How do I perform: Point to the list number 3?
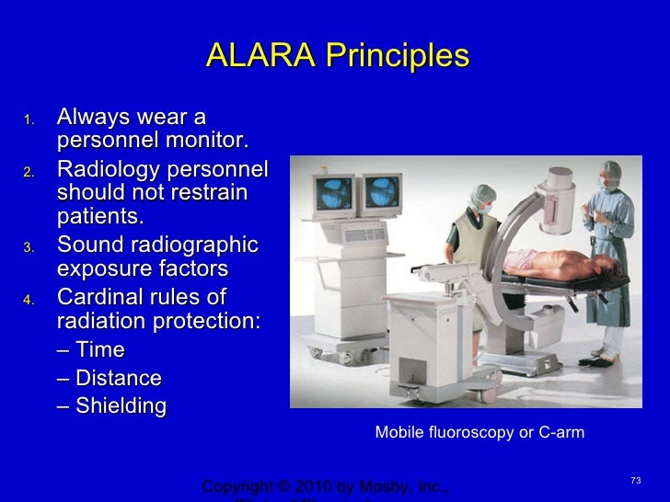tap(28, 247)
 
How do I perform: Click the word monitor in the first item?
tap(210, 142)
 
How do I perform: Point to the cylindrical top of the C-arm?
tap(560, 199)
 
